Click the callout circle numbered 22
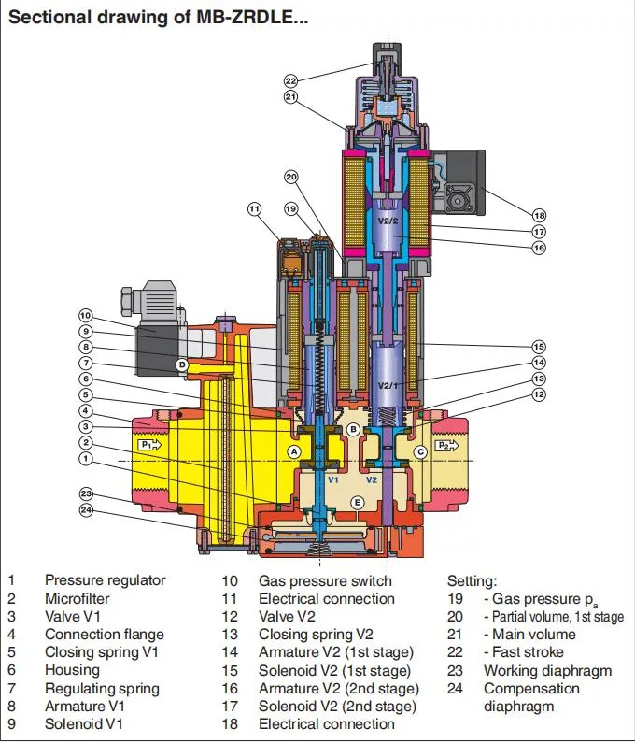coord(291,80)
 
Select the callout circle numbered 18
coord(539,215)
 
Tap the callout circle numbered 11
coord(255,209)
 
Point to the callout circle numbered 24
coord(86,511)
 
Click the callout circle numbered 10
coord(85,316)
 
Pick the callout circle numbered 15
coord(539,346)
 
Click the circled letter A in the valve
coord(294,450)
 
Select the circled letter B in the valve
coord(353,429)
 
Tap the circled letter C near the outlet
coord(420,452)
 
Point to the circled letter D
coord(183,364)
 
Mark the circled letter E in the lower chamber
coord(356,503)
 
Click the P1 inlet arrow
coord(148,446)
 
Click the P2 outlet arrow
coord(449,446)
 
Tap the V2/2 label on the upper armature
coord(388,221)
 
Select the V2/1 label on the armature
coord(386,386)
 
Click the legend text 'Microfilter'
coord(78,598)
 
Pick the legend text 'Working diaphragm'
coord(547,670)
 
